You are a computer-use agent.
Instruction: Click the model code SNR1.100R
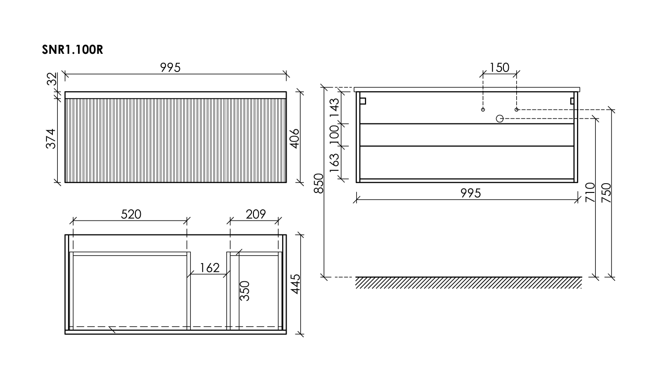73,49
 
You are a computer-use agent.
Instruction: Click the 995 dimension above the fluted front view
170,68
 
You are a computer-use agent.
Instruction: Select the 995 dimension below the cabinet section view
470,193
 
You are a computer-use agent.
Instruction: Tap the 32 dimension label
52,78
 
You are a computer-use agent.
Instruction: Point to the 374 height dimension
51,139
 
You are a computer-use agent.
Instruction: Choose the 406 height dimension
294,139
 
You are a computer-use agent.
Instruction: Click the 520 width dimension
131,214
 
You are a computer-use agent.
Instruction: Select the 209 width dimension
255,214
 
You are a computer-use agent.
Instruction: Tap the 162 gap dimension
209,268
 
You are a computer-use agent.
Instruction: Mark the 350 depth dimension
245,291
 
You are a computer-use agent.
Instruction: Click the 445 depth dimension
295,284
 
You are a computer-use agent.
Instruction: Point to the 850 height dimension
319,183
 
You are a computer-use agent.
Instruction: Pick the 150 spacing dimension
499,68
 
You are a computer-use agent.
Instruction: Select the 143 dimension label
334,108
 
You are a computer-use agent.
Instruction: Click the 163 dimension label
334,163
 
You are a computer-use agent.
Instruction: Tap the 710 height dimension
590,192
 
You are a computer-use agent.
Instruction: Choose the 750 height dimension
607,192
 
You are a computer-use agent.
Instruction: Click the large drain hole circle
500,118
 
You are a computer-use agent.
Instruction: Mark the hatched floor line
468,282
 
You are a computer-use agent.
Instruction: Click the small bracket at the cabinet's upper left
363,101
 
